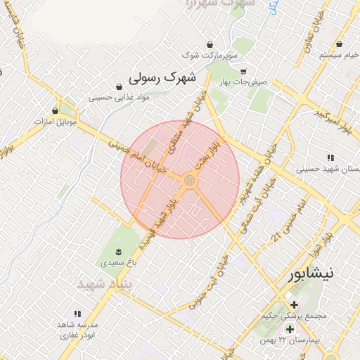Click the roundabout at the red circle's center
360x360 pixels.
click(188, 181)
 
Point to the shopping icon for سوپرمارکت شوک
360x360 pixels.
click(209, 43)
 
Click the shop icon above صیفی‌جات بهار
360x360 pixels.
click(243, 72)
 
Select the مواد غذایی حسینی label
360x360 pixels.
click(120, 98)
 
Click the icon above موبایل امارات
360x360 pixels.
click(55, 110)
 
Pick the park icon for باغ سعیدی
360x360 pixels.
click(118, 252)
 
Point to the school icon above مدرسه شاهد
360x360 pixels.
click(77, 314)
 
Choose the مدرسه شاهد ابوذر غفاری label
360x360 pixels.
click(78, 331)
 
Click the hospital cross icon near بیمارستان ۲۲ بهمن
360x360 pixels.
click(289, 329)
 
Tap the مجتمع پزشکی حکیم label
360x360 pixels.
click(294, 316)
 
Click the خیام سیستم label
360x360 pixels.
click(339, 54)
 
